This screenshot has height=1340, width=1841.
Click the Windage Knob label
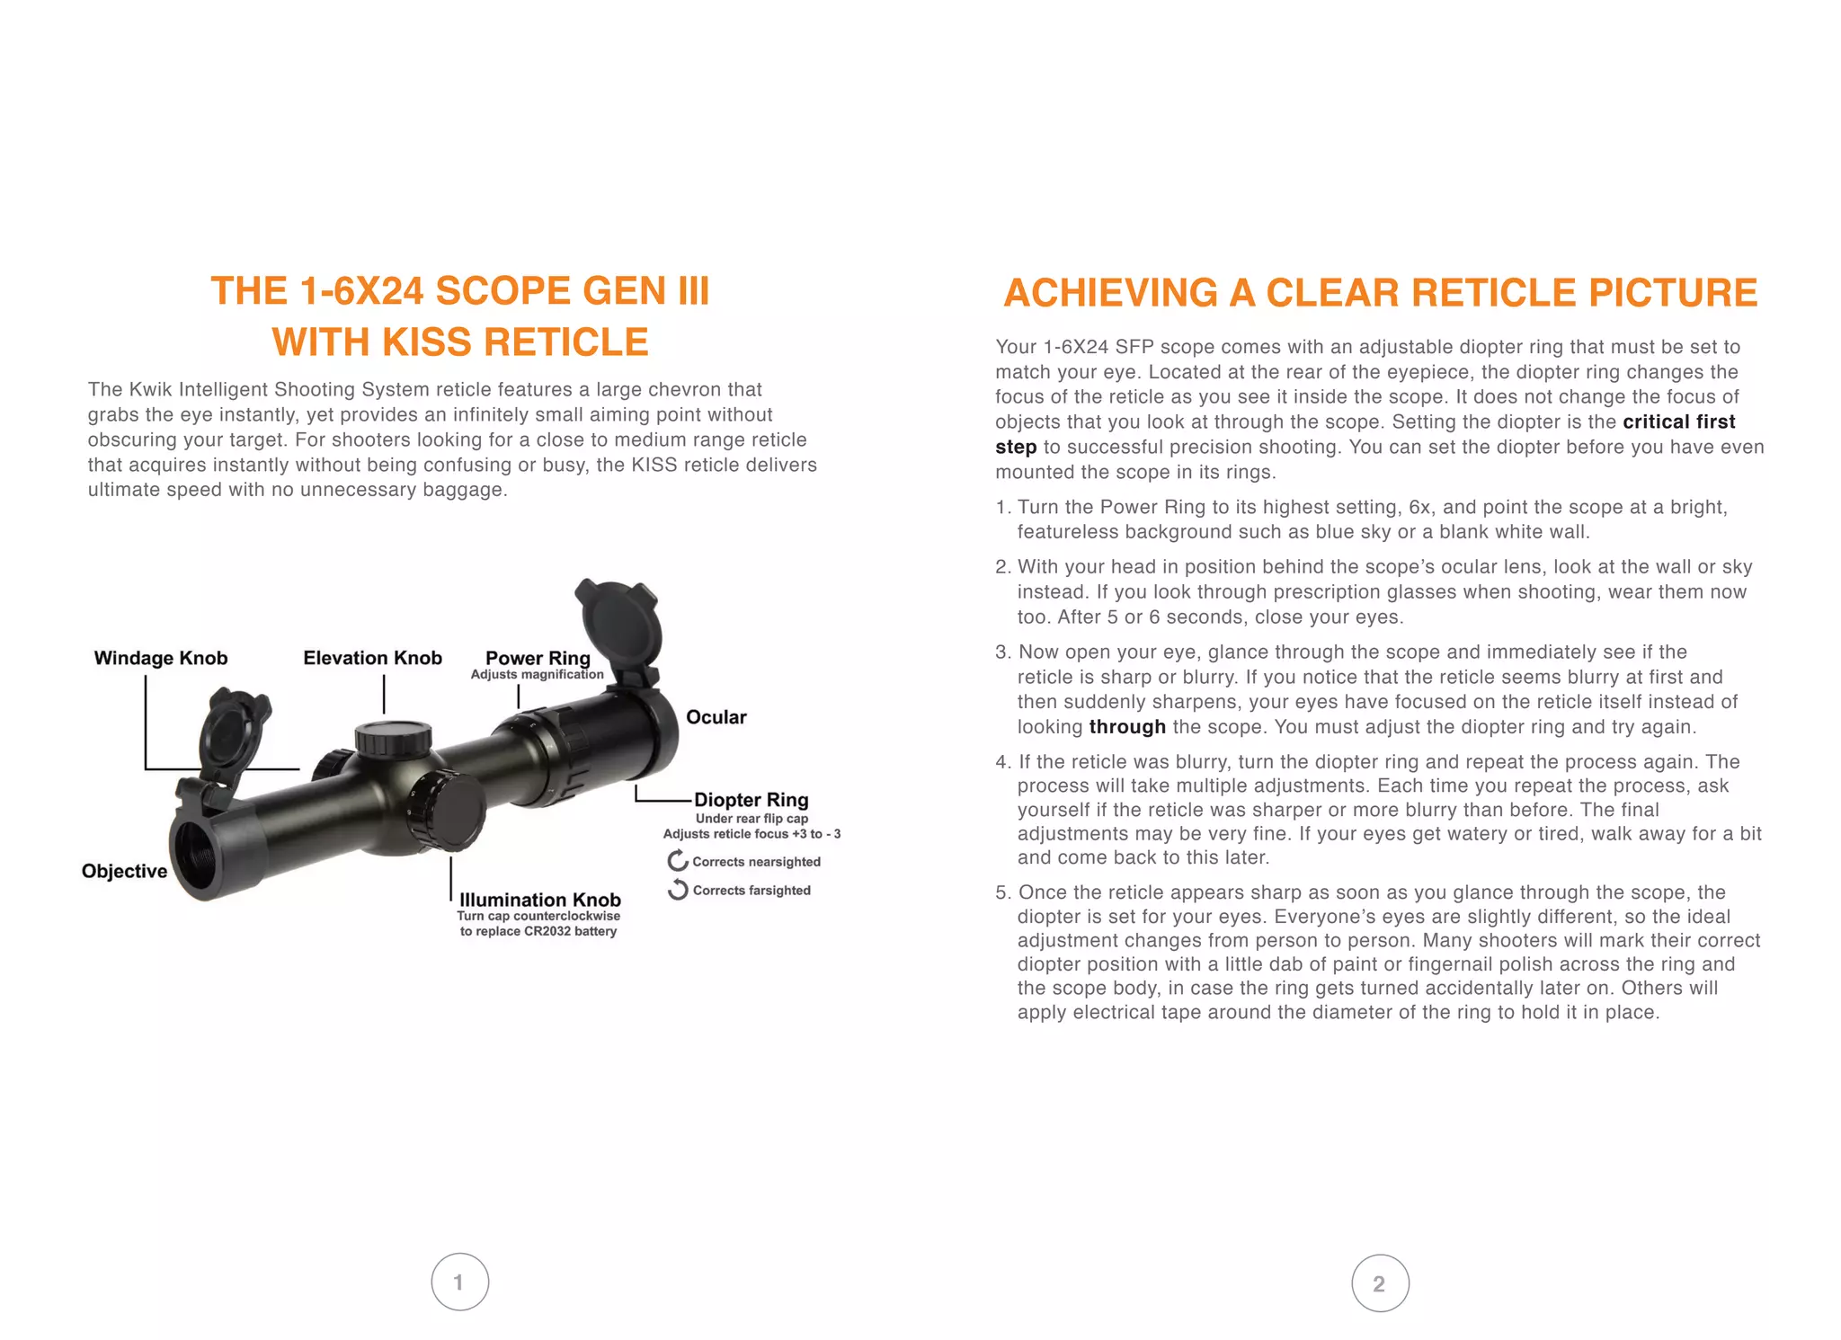tap(161, 658)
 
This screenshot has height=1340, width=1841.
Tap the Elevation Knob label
tap(372, 658)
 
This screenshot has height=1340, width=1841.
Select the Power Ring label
tap(538, 658)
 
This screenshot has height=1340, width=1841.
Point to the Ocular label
tap(716, 717)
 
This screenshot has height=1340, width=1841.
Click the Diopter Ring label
tap(751, 800)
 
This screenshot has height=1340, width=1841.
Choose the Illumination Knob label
tap(539, 900)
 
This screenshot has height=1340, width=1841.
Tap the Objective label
tap(124, 871)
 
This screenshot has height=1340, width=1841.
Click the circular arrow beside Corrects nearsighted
tap(678, 861)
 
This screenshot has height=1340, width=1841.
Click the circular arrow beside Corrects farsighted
tap(678, 890)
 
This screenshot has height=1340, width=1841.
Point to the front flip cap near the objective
tap(232, 732)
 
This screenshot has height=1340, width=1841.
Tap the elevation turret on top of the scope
tap(393, 737)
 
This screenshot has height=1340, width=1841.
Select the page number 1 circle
tap(459, 1282)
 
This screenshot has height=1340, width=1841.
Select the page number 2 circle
tap(1380, 1283)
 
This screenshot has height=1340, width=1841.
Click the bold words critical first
tap(1678, 422)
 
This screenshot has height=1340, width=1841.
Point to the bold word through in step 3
tap(1127, 726)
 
